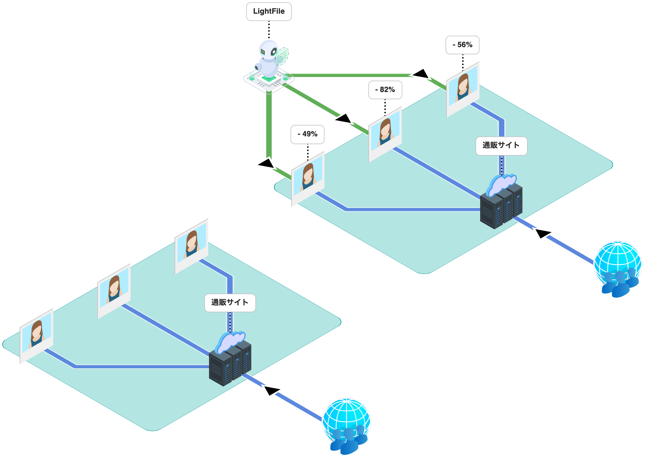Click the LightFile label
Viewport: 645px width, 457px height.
(x=269, y=12)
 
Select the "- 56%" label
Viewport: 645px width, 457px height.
(x=462, y=45)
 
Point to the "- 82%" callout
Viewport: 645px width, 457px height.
(x=385, y=90)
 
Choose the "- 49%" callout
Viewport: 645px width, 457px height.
(x=307, y=134)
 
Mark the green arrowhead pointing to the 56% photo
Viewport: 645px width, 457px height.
(x=421, y=74)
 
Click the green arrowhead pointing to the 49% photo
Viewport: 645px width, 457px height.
(x=266, y=164)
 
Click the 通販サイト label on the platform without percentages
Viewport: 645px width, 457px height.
(x=230, y=303)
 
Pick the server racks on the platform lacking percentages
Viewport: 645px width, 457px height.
(x=230, y=363)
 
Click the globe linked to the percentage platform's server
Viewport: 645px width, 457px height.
(x=618, y=263)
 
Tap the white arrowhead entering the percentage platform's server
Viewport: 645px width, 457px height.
(x=543, y=233)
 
